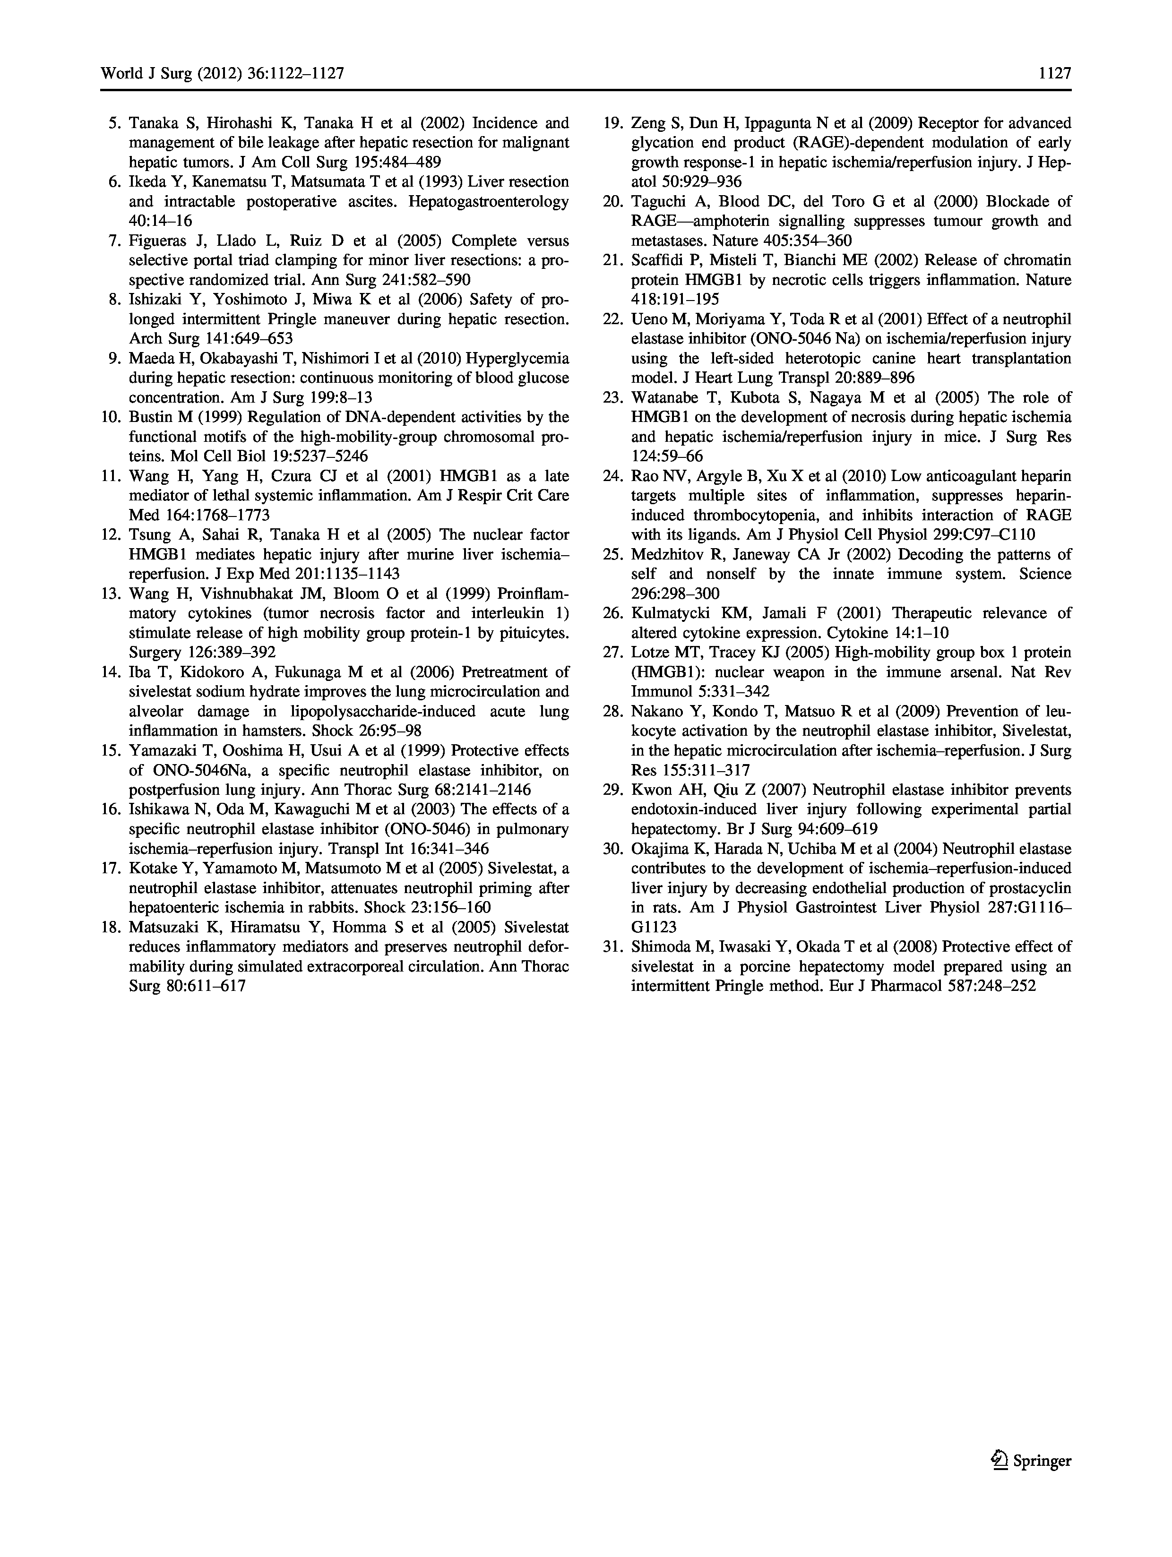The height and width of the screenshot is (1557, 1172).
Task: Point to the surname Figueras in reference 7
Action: point(157,241)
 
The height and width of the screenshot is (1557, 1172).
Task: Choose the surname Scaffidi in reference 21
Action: point(655,260)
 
